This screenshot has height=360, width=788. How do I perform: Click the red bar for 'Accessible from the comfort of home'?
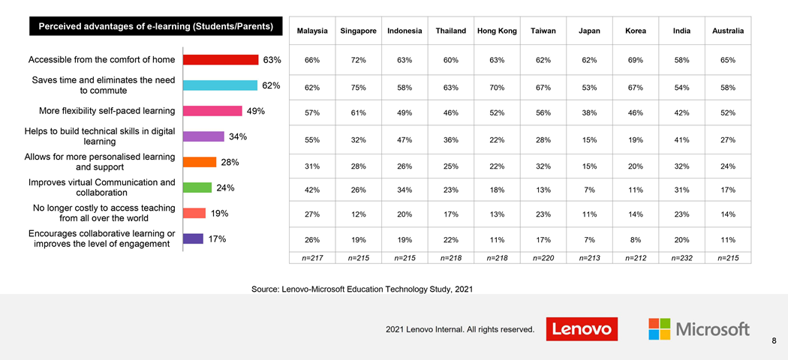coord(221,60)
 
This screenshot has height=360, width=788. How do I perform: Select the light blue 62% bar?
coord(220,85)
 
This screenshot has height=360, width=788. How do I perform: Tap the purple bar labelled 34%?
coord(203,136)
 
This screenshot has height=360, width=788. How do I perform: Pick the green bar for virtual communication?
coord(197,187)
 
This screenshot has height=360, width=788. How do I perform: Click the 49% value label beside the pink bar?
coord(256,111)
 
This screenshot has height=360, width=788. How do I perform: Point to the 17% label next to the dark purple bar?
coord(218,239)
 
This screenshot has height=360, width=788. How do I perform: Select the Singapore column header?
coord(358,31)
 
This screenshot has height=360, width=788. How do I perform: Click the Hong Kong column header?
coord(497,31)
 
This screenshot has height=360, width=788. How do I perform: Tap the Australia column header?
coord(728,31)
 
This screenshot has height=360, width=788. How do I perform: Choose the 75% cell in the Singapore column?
coord(358,88)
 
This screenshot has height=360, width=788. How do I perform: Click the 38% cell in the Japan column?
coord(589,112)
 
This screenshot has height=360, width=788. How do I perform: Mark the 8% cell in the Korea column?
coord(635,240)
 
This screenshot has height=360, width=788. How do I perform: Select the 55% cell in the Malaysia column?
coord(312,139)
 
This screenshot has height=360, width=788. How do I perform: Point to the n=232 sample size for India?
coord(681,258)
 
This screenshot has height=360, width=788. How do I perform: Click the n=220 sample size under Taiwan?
coord(543,258)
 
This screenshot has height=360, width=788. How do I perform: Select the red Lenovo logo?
coord(582,329)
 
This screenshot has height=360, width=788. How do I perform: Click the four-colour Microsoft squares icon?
coord(659,329)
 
